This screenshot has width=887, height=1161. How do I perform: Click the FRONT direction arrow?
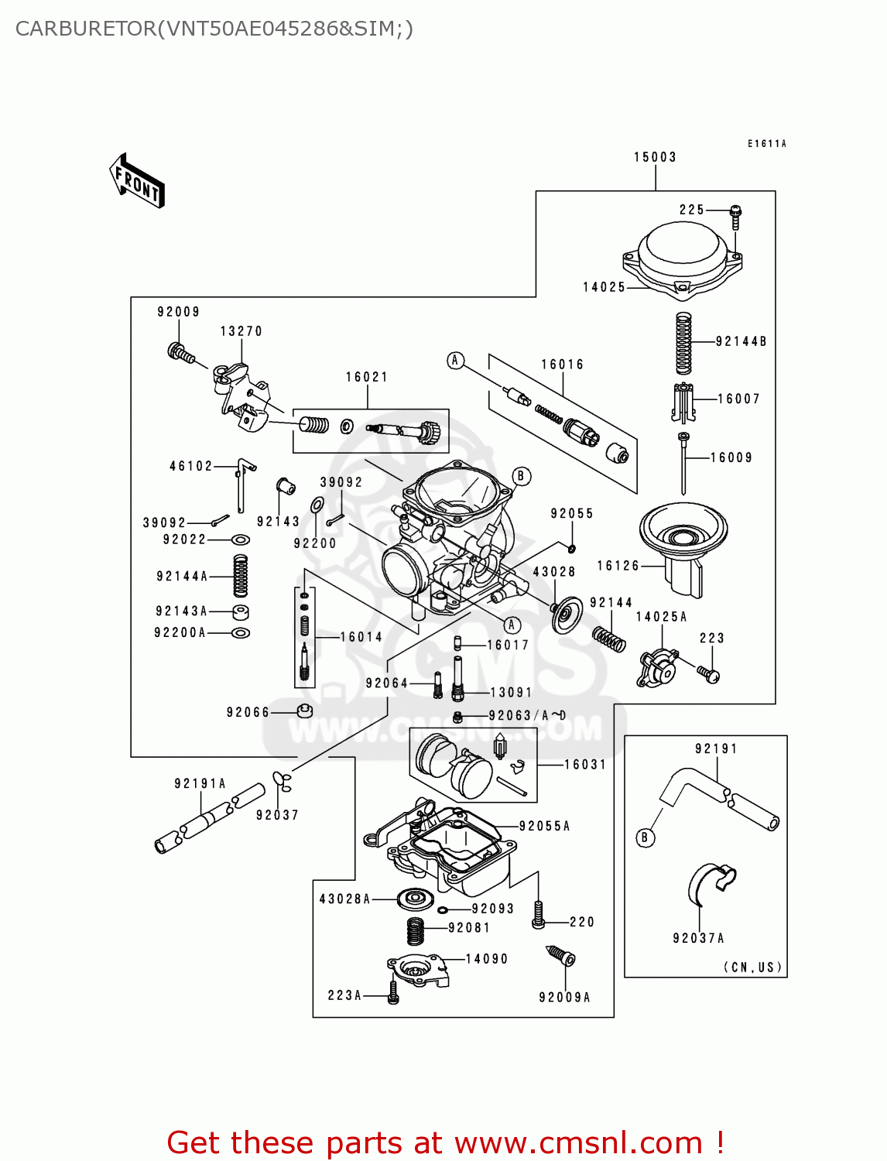[137, 181]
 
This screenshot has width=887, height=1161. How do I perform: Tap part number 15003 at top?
[655, 157]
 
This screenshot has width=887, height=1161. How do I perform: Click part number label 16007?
[738, 399]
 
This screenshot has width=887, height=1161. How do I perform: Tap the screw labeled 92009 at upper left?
[180, 353]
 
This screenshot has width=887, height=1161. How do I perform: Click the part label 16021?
[367, 377]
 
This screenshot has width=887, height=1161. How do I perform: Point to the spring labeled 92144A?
[241, 576]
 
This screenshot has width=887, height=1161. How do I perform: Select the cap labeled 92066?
[305, 711]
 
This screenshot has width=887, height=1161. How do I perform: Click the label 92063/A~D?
[527, 716]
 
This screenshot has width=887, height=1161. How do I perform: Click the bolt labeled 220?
[539, 916]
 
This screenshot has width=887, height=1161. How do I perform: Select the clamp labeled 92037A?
[711, 882]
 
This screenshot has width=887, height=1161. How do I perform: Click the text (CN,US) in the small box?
[752, 967]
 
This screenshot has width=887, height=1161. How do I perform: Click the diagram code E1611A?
[766, 143]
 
